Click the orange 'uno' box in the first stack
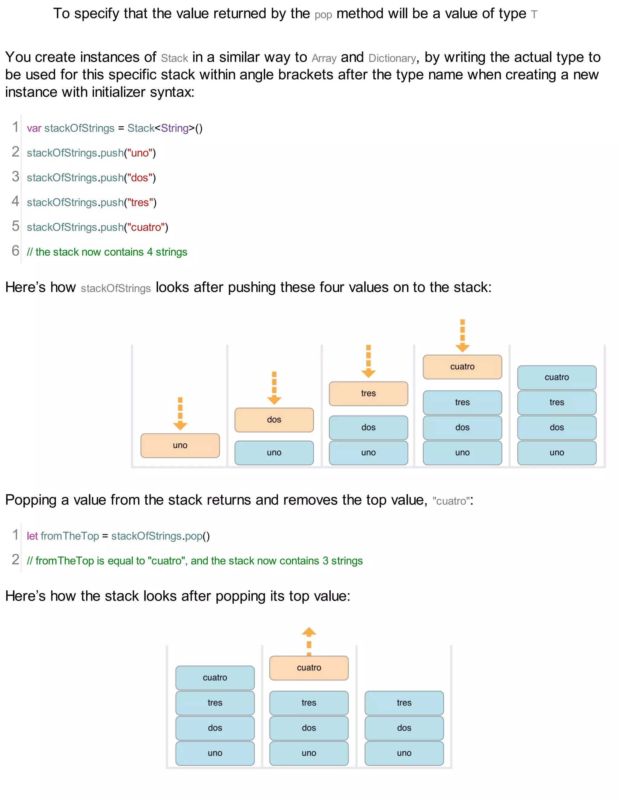point(180,445)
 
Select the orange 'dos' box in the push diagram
point(274,420)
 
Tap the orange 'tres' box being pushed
point(368,393)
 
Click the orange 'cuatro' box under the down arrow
point(462,366)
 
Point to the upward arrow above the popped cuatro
point(309,640)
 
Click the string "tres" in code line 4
point(140,203)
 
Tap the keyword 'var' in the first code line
point(34,128)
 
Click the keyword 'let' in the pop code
point(32,536)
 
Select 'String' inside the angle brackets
point(175,128)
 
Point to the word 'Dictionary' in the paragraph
point(392,58)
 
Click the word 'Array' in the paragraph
point(324,58)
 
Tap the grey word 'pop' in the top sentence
point(323,15)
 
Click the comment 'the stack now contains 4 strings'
point(107,252)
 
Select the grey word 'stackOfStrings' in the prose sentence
point(115,289)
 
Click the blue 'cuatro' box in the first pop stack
point(215,677)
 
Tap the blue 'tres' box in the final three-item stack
point(404,703)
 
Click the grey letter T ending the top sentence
point(534,15)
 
